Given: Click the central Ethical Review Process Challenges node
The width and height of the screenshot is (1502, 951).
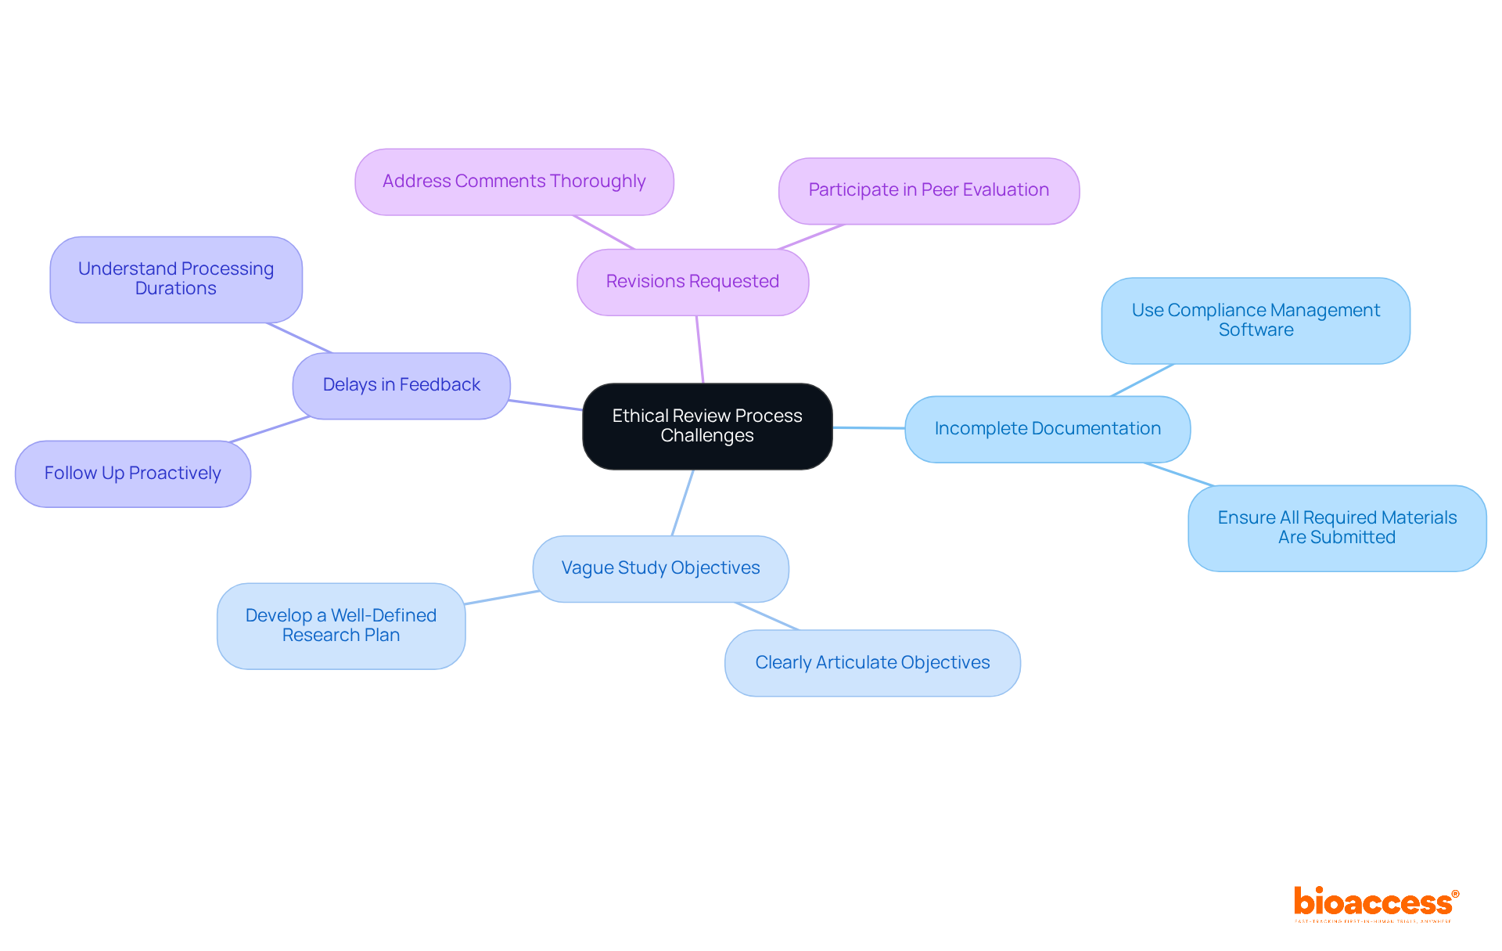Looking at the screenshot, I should [x=707, y=426].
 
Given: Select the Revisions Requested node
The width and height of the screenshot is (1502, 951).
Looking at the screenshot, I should [x=692, y=282].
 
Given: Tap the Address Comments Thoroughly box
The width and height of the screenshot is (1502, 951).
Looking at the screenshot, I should [x=514, y=182].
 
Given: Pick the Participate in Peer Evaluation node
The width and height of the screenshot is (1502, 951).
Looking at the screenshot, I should [x=929, y=190].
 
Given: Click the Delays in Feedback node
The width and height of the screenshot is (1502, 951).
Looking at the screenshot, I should [x=401, y=385].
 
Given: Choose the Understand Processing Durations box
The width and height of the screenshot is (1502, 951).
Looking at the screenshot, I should [x=176, y=279].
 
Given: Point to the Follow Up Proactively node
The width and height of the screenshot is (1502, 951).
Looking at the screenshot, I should [x=133, y=474].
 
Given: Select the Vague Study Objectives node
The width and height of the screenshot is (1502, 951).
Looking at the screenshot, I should [x=660, y=568].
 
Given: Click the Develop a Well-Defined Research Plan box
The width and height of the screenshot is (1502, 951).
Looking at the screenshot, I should [x=341, y=625].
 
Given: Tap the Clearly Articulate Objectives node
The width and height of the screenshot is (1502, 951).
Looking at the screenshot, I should [x=872, y=663].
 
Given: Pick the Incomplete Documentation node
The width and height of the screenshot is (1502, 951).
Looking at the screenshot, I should [x=1047, y=429].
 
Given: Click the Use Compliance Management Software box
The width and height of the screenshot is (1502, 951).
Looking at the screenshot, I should [x=1256, y=320].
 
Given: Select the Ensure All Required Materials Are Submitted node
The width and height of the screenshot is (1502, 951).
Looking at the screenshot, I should [x=1337, y=528].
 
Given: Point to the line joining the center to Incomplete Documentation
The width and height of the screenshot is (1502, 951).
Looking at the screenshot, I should [x=868, y=428].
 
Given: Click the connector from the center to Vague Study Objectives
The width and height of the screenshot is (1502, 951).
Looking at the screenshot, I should [x=682, y=503].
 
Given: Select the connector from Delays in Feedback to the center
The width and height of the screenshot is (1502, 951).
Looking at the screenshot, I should [x=546, y=405].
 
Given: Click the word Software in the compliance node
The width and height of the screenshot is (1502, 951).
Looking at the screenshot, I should [x=1256, y=330].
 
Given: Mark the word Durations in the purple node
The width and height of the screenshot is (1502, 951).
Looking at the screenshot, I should [x=176, y=289].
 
